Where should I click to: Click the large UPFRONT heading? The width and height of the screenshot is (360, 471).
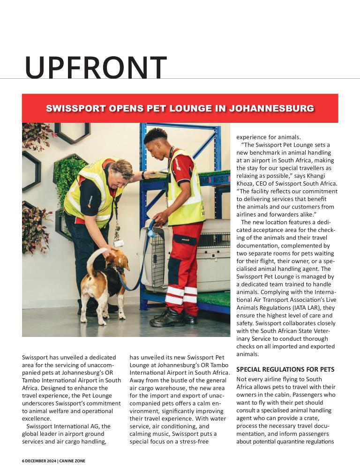(x=96, y=67)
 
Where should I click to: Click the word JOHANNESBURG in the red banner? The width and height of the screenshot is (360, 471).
(x=271, y=109)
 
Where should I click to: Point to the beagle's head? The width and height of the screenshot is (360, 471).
(x=119, y=262)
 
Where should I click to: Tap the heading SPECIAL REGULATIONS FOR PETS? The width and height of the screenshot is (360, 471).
(x=285, y=369)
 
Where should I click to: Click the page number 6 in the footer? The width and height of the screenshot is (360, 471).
(x=23, y=461)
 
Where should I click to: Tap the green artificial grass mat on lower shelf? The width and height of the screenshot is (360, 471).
(x=213, y=298)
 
